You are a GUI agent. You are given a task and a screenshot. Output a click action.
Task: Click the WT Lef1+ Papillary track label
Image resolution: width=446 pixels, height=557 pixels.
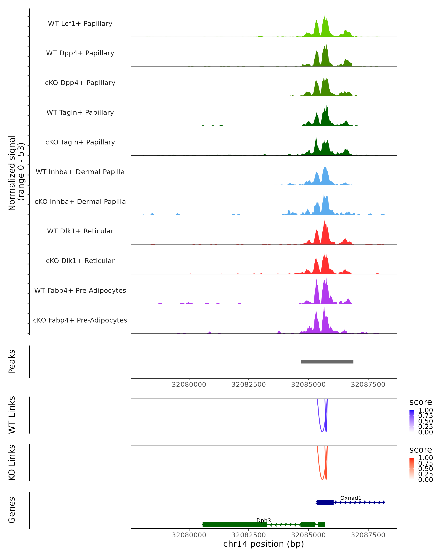(80, 24)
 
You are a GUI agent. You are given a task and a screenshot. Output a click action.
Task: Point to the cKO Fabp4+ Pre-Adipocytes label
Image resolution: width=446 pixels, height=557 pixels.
(80, 320)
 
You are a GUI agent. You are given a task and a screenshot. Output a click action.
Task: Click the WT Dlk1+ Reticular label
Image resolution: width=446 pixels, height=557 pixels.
(80, 231)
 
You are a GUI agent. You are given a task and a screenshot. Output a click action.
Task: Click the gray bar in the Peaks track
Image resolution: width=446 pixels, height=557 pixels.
(327, 362)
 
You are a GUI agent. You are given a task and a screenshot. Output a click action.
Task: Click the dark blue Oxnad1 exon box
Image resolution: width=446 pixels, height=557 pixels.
(325, 502)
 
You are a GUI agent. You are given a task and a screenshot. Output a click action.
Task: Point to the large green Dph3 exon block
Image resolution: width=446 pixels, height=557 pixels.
(235, 525)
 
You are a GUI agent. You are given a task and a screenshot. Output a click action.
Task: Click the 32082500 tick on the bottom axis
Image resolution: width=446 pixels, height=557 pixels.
(248, 535)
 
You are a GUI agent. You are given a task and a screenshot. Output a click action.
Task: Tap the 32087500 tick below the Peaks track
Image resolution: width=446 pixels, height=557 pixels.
(368, 385)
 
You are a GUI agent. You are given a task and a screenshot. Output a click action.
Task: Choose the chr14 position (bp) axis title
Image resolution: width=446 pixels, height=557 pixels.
(264, 544)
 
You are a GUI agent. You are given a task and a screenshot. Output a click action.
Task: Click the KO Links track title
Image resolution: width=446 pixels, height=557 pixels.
(12, 462)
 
